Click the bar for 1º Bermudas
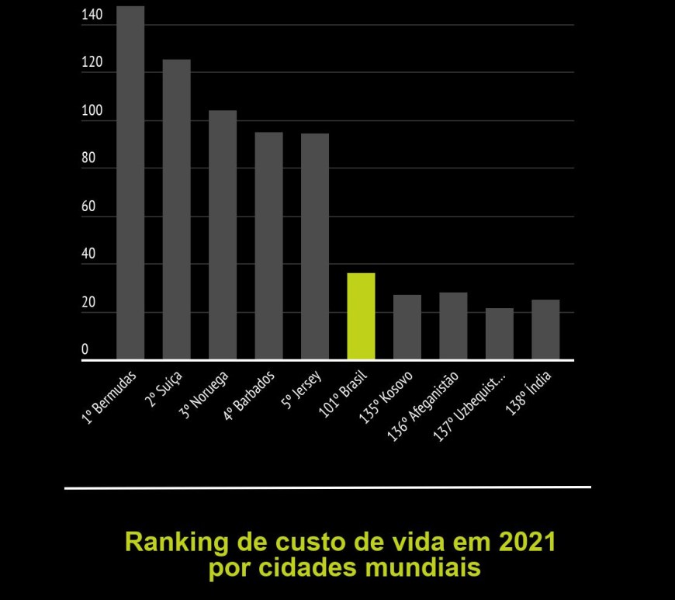130,182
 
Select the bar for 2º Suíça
176,210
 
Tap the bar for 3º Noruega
223,234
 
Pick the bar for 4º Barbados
268,245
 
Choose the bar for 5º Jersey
315,246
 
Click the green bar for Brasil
361,316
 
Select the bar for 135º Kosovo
407,327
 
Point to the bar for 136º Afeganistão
453,326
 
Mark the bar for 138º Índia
545,329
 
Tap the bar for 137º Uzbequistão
500,334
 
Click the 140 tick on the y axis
92,15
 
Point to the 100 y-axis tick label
92,111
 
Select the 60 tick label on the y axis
88,206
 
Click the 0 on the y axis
85,349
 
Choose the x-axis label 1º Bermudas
109,397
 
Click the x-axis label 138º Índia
531,394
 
